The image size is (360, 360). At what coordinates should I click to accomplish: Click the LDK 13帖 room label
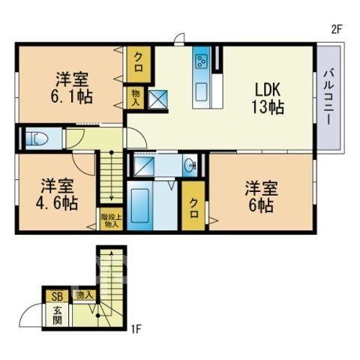pos(268,98)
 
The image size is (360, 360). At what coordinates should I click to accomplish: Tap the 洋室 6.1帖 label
pos(72,88)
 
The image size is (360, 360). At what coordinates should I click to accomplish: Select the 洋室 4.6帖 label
pos(57,194)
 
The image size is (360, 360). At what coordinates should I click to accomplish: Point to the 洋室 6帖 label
pos(261,197)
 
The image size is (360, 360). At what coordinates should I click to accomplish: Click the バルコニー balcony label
pos(328,97)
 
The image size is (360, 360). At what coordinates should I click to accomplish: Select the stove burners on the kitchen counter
pos(202,61)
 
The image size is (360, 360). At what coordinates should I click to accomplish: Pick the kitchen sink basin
pos(201,91)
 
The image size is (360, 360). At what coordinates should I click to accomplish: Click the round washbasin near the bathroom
pos(190,165)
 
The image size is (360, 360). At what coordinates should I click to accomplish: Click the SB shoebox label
pos(57,297)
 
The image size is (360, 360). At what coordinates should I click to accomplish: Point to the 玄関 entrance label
pos(58,316)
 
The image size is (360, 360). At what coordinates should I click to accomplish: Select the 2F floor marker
pos(336,30)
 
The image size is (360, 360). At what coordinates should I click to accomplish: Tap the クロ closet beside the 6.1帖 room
pos(139,63)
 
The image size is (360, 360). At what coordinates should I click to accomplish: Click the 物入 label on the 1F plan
pos(83,295)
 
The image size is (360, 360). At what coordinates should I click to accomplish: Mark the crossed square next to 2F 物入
pos(158,100)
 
